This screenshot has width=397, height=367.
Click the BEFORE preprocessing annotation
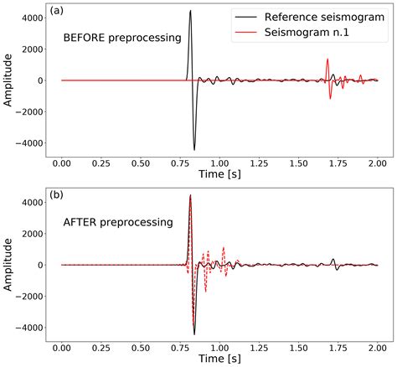(x=122, y=39)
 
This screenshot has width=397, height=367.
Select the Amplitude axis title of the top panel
(x=9, y=81)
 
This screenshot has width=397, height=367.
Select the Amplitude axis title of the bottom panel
(x=9, y=266)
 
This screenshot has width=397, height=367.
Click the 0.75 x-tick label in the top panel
(x=180, y=158)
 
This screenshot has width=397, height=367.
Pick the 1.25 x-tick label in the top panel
(x=259, y=158)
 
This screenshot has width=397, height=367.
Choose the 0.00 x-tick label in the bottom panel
(x=62, y=343)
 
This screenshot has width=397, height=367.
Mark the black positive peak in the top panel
(x=190, y=11)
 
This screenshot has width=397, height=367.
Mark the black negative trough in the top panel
(x=194, y=149)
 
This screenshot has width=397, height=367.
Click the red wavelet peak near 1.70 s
(x=327, y=59)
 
